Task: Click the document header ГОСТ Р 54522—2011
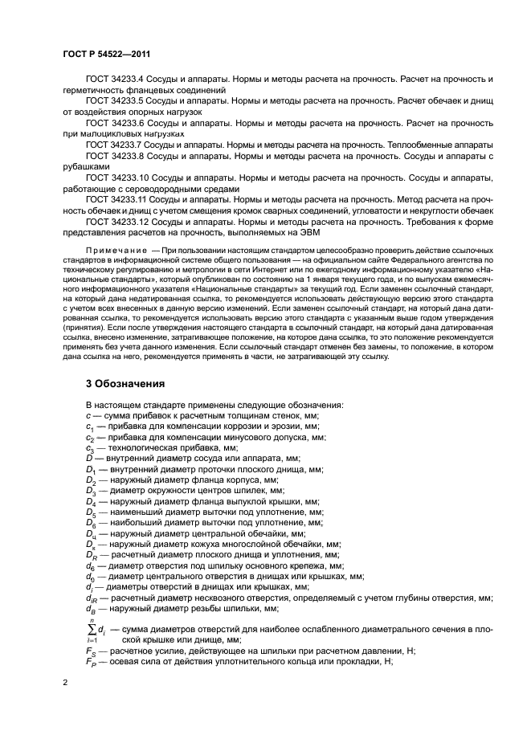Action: [108, 54]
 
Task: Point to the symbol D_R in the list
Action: [92, 554]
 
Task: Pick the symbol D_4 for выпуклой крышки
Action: [91, 502]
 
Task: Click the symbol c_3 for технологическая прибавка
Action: [90, 446]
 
